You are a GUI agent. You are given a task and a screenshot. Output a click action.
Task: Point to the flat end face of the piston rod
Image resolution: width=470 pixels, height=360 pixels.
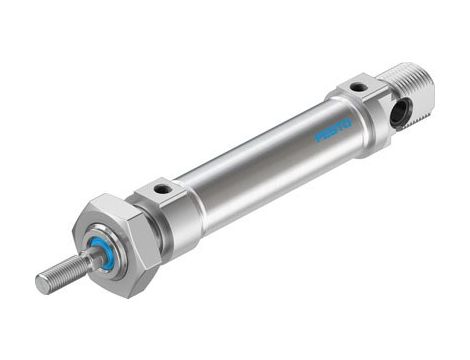[42, 283]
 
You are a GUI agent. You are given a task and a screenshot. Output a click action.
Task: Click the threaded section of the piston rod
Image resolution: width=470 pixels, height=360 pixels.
[62, 273]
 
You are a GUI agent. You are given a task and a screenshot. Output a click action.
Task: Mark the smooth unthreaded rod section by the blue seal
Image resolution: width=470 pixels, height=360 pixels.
[89, 261]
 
